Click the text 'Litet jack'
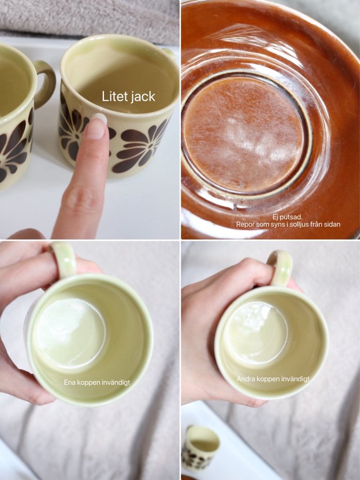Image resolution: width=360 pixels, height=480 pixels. (129, 97)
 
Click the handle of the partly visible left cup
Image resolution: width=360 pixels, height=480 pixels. (45, 84)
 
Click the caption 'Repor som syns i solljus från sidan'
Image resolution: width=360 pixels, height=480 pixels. (288, 225)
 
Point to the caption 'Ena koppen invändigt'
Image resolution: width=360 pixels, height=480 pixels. (97, 382)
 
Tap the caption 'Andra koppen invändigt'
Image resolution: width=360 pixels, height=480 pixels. (273, 379)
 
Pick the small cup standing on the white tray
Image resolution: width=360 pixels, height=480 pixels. (201, 446)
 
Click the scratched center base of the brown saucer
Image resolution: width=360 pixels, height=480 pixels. (243, 133)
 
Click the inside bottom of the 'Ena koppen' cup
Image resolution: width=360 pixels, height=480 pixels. (71, 332)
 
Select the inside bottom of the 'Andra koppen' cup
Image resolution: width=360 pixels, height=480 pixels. (256, 332)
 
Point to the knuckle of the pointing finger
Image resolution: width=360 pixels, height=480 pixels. (82, 201)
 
